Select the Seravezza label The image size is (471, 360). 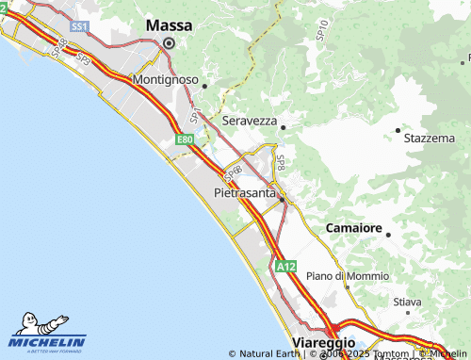(x=250, y=121)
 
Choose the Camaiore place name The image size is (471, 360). (x=353, y=229)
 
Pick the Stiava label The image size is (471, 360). (x=407, y=303)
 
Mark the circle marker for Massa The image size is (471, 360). (x=169, y=42)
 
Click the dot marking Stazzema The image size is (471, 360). (x=398, y=130)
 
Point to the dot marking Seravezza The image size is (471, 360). (x=283, y=126)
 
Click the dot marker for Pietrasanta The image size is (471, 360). (x=281, y=199)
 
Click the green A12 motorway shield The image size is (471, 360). (x=286, y=268)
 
